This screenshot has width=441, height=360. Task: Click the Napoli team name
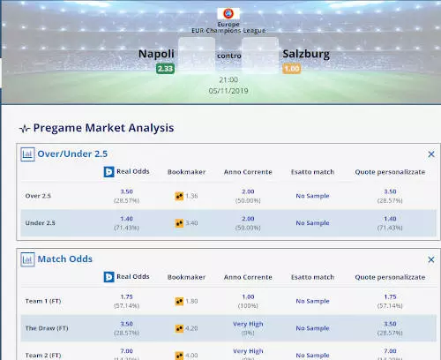click(156, 54)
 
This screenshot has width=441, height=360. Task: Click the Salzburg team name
click(305, 54)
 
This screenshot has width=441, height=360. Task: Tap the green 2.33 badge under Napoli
click(165, 69)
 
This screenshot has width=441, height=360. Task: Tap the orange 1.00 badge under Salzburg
click(291, 69)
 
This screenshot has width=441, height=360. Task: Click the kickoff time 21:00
click(228, 79)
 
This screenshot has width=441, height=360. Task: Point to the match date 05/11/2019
click(228, 91)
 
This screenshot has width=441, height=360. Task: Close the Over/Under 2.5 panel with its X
click(431, 154)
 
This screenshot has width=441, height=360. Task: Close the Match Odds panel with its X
click(431, 259)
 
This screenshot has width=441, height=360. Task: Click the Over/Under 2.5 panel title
click(72, 154)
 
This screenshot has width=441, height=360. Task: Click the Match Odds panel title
click(64, 259)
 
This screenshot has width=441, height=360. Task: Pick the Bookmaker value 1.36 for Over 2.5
click(191, 196)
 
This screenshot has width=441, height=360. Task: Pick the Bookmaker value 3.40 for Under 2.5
click(191, 223)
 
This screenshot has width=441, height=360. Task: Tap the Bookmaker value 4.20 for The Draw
click(191, 328)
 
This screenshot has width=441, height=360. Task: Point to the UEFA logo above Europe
click(228, 13)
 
